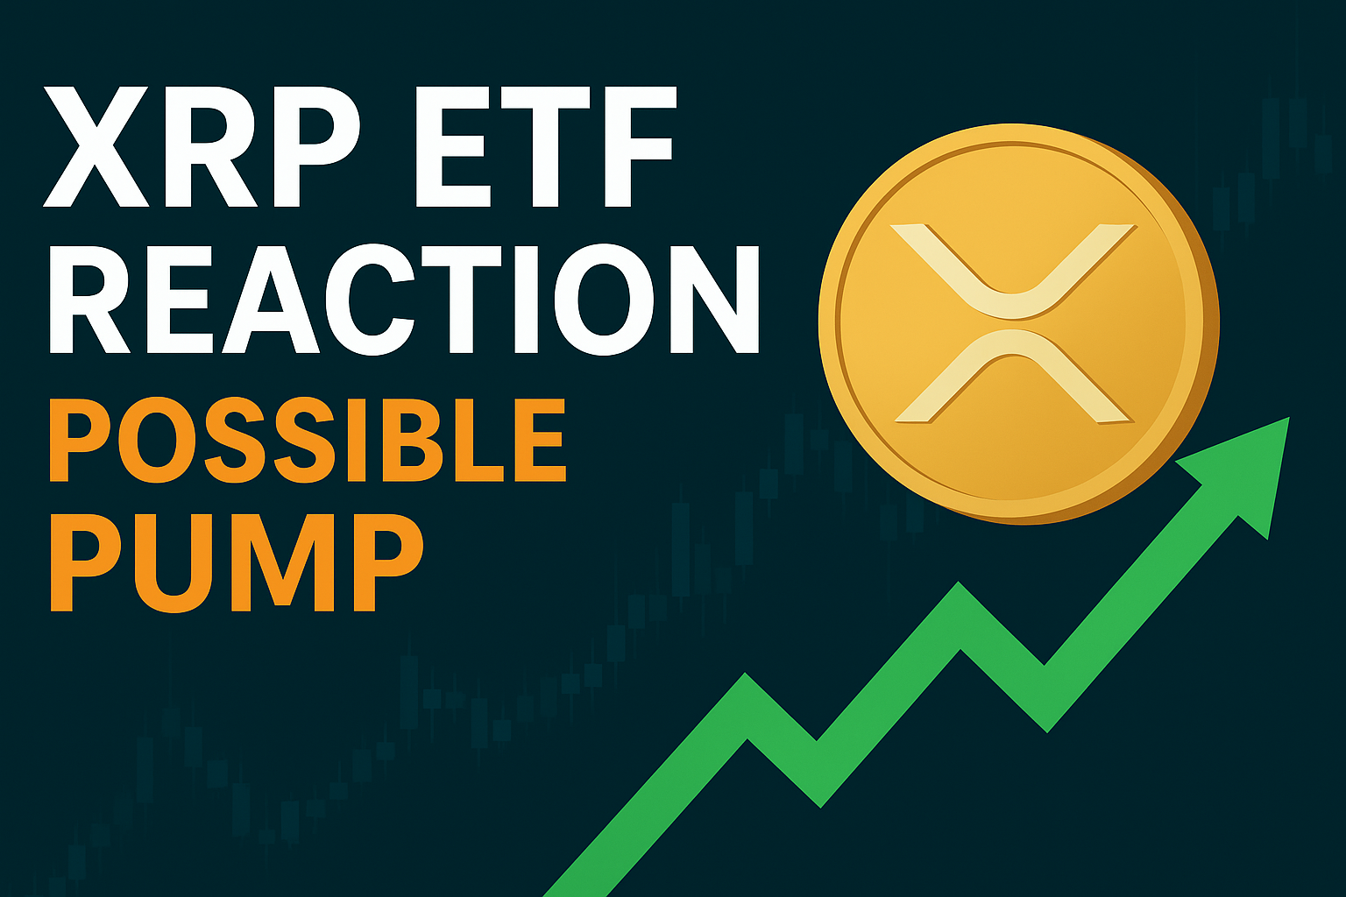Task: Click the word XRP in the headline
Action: tap(202, 146)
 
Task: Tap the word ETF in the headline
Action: tap(546, 146)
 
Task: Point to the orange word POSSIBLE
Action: tap(308, 439)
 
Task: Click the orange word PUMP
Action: tap(237, 562)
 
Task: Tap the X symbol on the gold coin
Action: tap(1013, 323)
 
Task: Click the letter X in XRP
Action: tap(96, 146)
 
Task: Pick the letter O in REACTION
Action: tap(603, 299)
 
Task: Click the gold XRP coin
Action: tap(1018, 323)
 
